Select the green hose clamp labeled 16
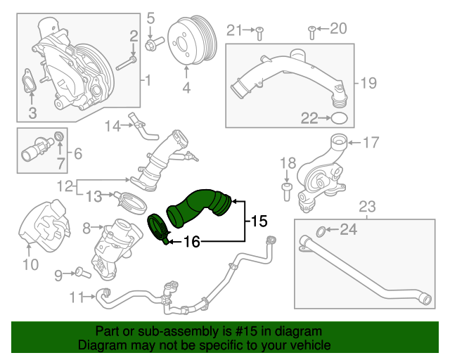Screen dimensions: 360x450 click(x=158, y=229)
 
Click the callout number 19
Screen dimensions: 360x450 click(x=369, y=84)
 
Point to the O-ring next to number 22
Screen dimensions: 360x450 click(x=340, y=117)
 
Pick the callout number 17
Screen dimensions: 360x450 click(x=371, y=143)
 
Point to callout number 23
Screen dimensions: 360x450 click(x=368, y=207)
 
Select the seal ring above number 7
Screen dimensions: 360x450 click(x=60, y=135)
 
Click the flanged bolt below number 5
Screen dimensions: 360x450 click(x=150, y=46)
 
